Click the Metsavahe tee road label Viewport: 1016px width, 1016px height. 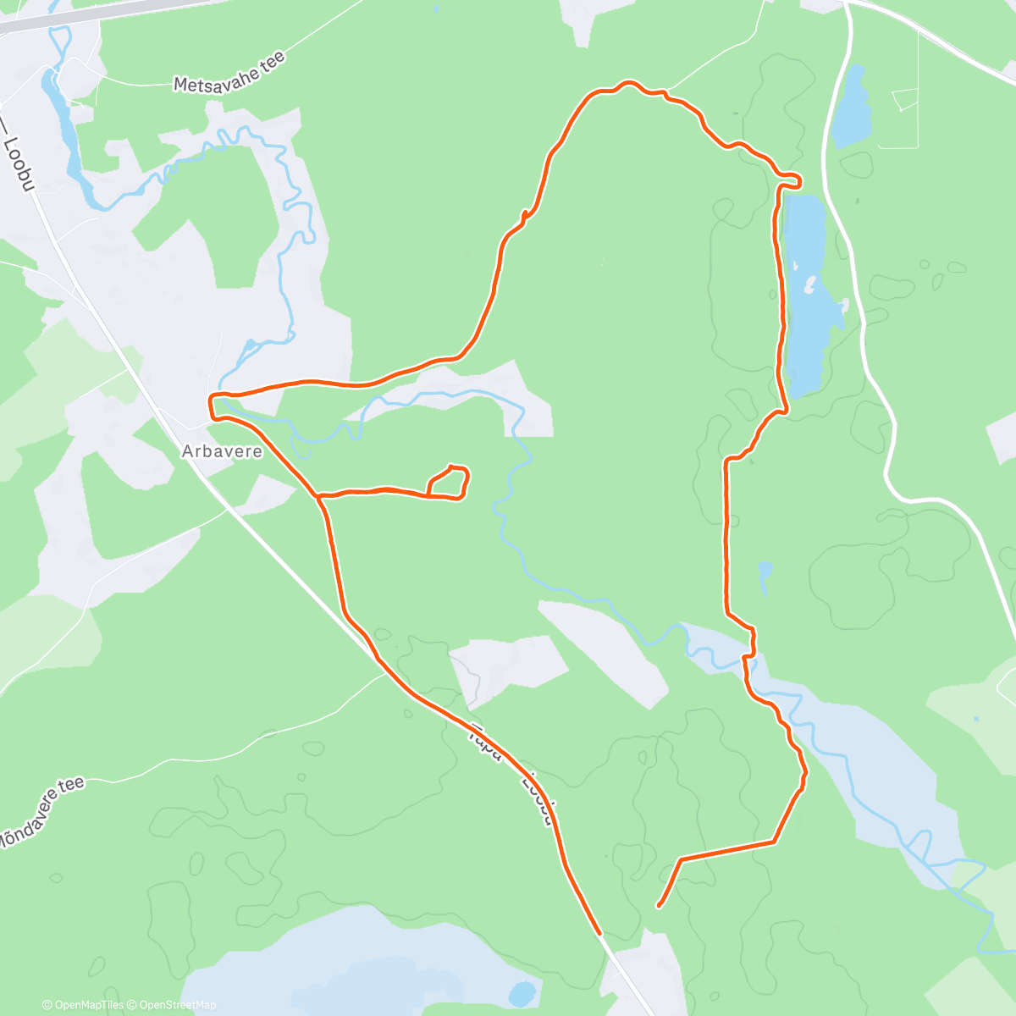[229, 72]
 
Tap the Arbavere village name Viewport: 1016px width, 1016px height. [222, 452]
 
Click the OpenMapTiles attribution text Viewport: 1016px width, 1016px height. [83, 1005]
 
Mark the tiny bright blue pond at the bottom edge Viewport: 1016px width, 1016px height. [522, 992]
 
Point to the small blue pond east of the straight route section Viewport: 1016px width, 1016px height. [765, 574]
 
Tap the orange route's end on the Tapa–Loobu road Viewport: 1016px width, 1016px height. [599, 933]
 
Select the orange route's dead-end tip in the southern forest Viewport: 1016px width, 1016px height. [658, 907]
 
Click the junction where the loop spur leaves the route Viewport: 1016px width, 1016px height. [318, 496]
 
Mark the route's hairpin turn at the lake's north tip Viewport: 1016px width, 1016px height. [796, 179]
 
